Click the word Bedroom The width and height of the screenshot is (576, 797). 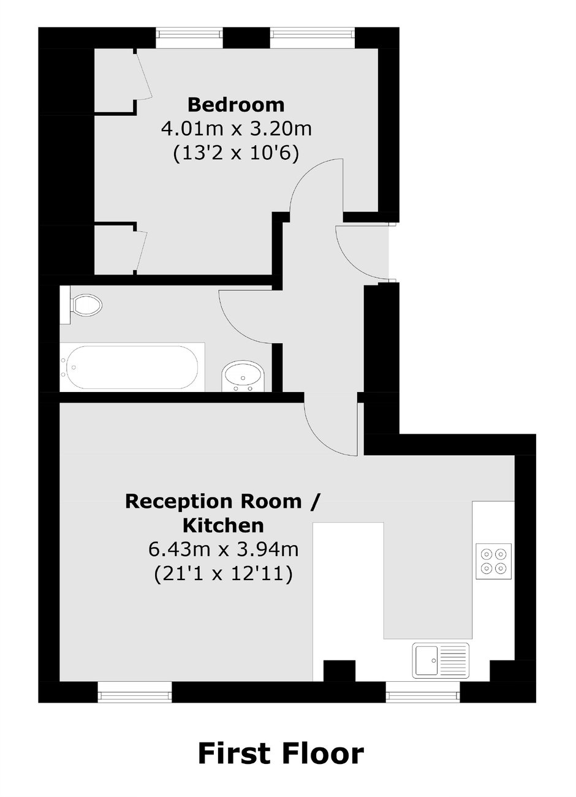click(x=237, y=105)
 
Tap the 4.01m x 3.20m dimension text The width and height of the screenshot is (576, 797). click(x=237, y=129)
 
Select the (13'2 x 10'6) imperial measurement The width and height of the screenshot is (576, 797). click(x=236, y=154)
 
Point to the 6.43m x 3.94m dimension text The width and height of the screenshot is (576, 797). click(x=224, y=550)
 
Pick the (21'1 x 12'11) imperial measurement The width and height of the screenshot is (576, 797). click(x=224, y=574)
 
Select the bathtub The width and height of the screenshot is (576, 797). click(x=132, y=367)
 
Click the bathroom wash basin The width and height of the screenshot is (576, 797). click(x=243, y=376)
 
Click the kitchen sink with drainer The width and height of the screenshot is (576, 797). click(x=441, y=660)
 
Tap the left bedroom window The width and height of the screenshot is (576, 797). click(x=189, y=34)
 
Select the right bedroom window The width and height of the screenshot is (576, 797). click(x=313, y=34)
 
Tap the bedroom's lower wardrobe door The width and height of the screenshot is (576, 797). click(x=141, y=251)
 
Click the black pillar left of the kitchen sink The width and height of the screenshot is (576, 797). click(x=339, y=671)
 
